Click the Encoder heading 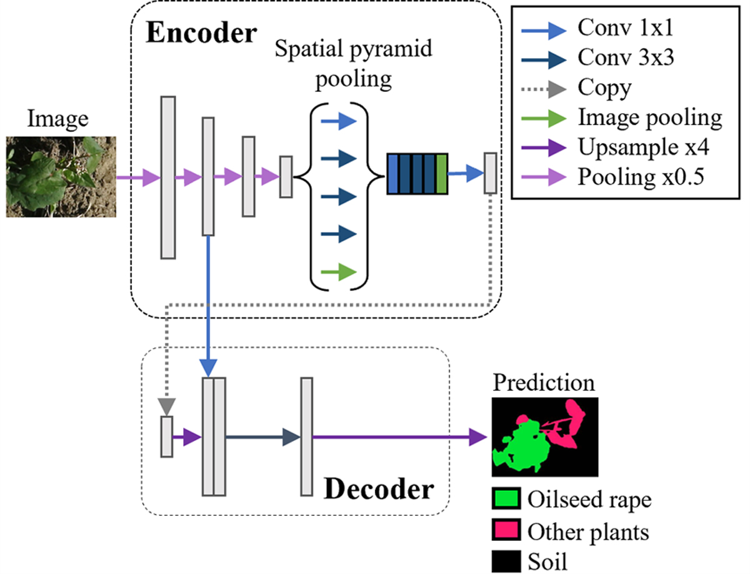[201, 32]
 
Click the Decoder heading [378, 489]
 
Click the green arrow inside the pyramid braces [338, 272]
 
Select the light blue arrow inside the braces [338, 121]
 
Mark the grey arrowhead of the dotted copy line [166, 406]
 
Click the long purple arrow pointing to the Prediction [400, 437]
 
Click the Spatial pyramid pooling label [354, 64]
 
